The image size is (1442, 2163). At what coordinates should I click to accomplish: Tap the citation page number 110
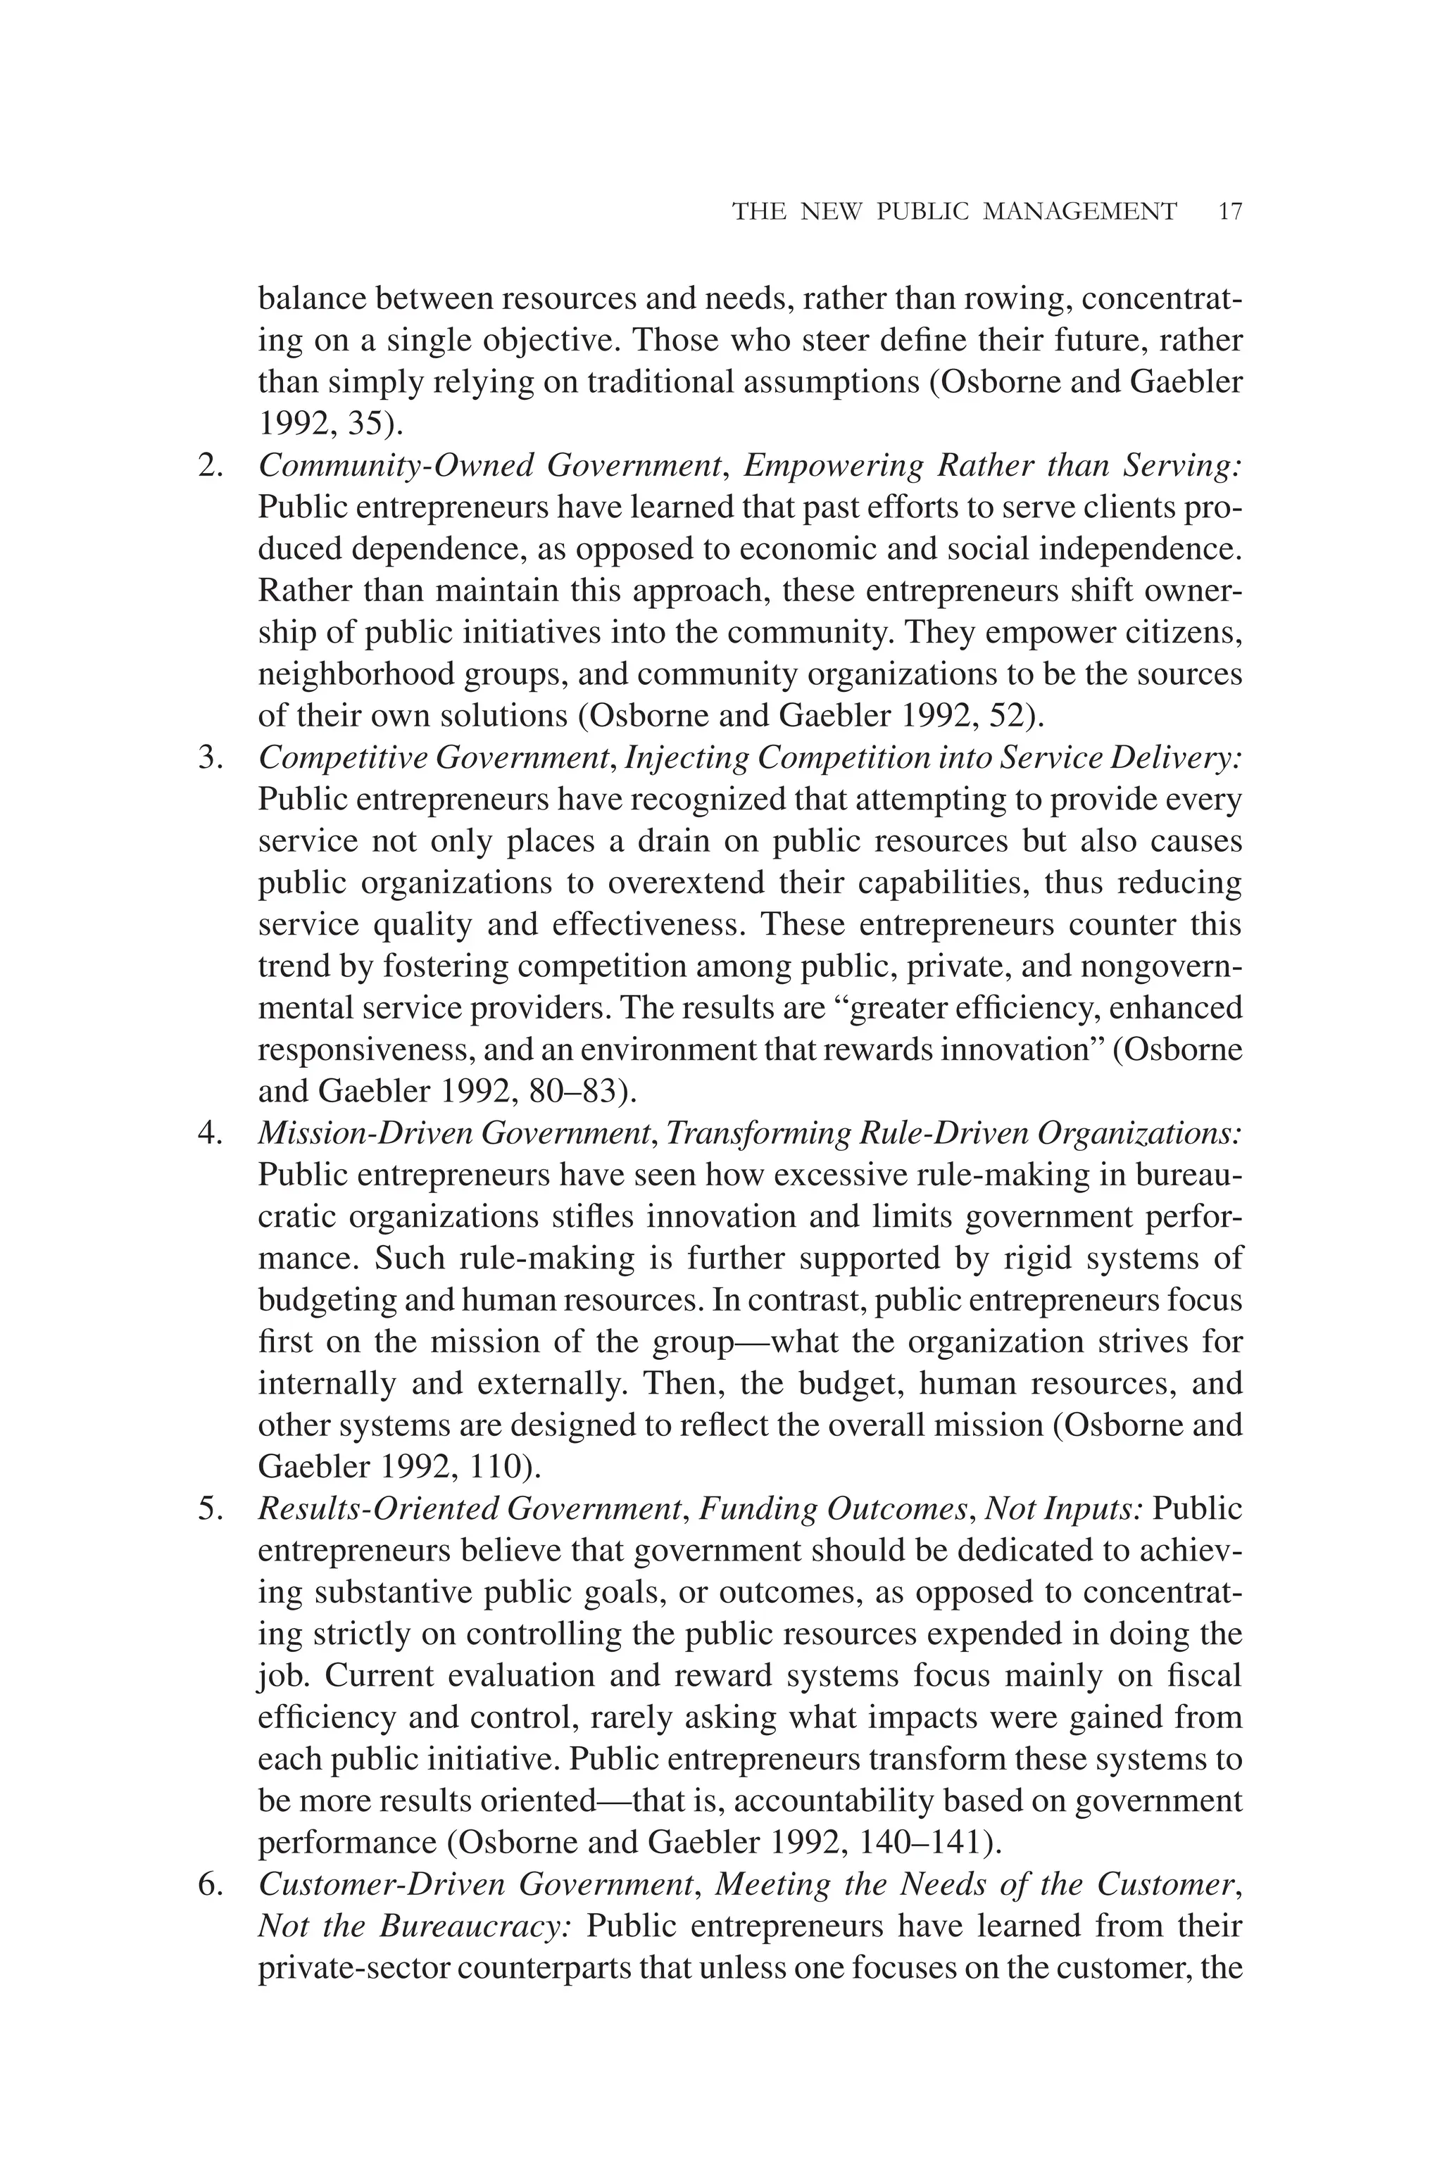(x=496, y=1467)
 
